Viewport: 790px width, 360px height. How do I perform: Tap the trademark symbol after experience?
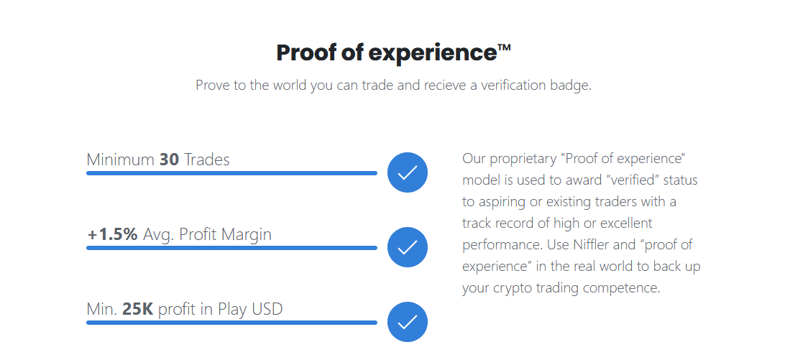click(x=505, y=47)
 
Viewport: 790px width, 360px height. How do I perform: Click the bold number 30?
click(x=170, y=160)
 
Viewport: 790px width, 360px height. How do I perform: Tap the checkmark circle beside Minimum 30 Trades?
click(x=407, y=172)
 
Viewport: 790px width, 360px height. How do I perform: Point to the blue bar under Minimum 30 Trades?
click(x=231, y=173)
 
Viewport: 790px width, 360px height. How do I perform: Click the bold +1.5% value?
click(x=112, y=235)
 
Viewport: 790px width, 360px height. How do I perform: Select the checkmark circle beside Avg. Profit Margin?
click(x=407, y=247)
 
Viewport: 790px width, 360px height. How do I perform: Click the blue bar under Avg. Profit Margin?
click(x=231, y=248)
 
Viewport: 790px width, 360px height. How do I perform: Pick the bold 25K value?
click(x=137, y=309)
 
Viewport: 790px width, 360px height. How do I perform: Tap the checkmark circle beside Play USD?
click(x=407, y=322)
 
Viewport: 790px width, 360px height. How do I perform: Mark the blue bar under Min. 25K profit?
click(x=231, y=323)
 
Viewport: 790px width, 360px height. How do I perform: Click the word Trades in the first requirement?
click(x=206, y=160)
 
